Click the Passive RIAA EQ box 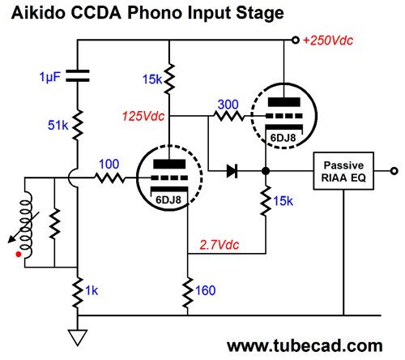(343, 171)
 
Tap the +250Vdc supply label (328, 41)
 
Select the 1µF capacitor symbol (78, 75)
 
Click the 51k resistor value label (58, 126)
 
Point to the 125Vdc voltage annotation (143, 116)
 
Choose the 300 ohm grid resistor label (228, 105)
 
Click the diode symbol (232, 171)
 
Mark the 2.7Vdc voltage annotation (220, 245)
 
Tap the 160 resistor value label (206, 290)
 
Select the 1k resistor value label (92, 290)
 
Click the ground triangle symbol (78, 337)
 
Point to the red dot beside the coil (19, 255)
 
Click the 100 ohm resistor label (109, 164)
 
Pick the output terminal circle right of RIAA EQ (394, 171)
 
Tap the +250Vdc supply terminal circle (296, 41)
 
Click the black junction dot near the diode (266, 171)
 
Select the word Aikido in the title (38, 12)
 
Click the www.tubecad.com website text (305, 345)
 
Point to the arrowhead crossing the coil (11, 239)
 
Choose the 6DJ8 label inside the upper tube (283, 138)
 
